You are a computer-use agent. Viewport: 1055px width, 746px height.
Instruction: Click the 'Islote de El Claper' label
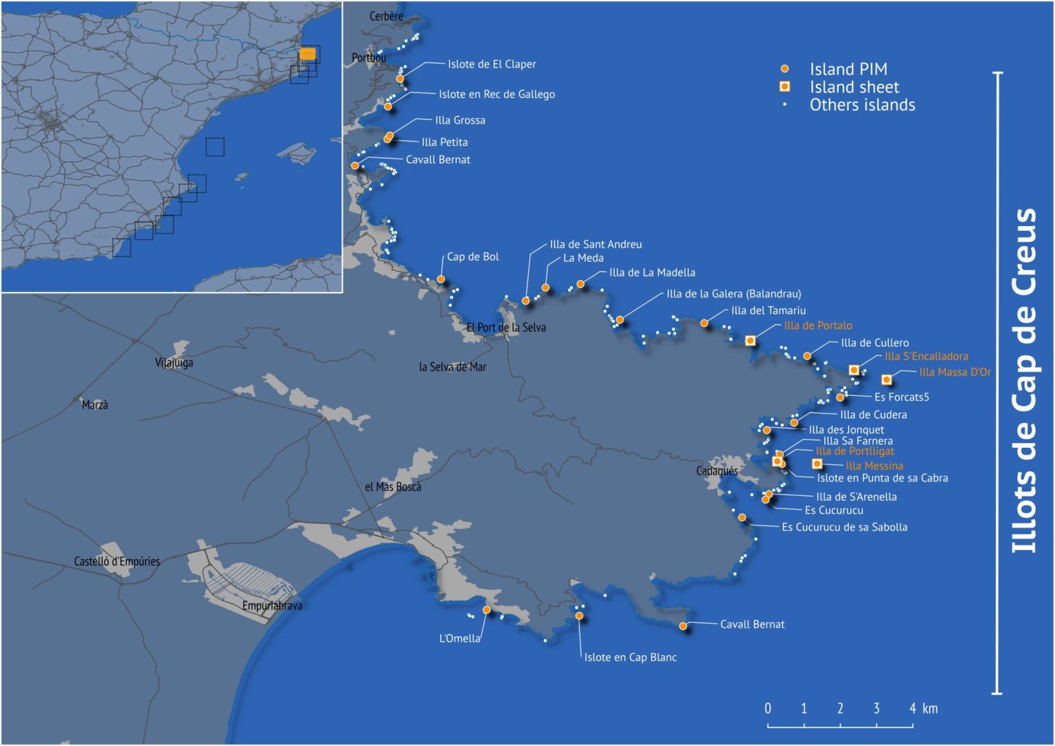[x=491, y=65]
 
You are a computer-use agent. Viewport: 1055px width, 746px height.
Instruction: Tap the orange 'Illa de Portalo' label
[x=817, y=326]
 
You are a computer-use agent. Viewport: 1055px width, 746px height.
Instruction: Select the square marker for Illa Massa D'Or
[x=887, y=380]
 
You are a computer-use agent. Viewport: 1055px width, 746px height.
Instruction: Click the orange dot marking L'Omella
[x=487, y=610]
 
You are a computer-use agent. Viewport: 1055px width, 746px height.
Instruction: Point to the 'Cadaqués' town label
[x=717, y=471]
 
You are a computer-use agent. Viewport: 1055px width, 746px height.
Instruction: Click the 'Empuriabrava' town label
[x=272, y=606]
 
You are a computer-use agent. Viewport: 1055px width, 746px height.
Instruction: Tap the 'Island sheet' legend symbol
[x=785, y=87]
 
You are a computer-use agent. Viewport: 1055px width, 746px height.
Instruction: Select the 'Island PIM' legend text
[x=848, y=69]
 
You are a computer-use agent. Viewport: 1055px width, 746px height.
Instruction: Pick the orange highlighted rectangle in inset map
[x=308, y=54]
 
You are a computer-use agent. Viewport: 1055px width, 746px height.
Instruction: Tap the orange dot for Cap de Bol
[x=441, y=280]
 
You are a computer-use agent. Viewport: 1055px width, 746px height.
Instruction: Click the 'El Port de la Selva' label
[x=506, y=328]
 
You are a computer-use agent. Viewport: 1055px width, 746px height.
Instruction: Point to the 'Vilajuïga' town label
[x=174, y=363]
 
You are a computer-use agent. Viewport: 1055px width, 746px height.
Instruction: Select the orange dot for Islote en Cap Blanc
[x=579, y=616]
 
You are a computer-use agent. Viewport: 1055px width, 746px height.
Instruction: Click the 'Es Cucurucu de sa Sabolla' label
[x=844, y=528]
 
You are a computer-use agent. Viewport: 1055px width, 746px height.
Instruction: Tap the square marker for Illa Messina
[x=817, y=464]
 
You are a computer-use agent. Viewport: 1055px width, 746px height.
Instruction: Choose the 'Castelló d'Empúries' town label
[x=117, y=562]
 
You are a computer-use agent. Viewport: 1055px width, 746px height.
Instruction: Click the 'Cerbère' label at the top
[x=386, y=16]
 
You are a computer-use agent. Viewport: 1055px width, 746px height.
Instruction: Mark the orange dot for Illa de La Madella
[x=580, y=284]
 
